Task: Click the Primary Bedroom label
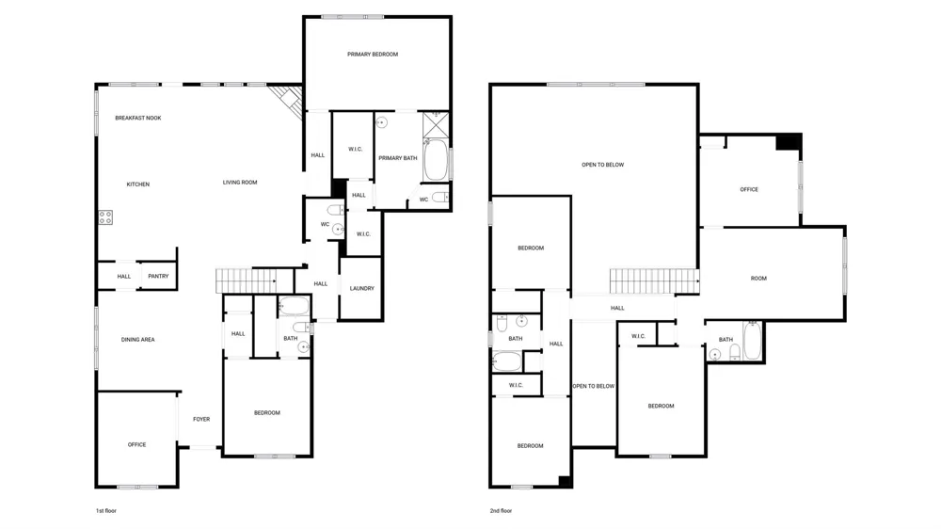[x=372, y=55]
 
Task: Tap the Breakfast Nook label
[x=138, y=119]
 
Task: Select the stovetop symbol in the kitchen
[x=105, y=217]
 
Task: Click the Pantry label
[x=158, y=276]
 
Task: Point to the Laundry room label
[x=362, y=289]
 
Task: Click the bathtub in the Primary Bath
[x=436, y=160]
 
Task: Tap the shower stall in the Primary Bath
[x=436, y=125]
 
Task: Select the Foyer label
[x=201, y=420]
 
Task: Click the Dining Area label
[x=138, y=340]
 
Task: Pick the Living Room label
[x=240, y=183]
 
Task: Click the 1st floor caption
[x=106, y=511]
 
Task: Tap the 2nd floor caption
[x=502, y=511]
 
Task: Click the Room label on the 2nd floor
[x=758, y=279]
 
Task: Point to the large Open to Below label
[x=602, y=165]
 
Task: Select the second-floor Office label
[x=749, y=190]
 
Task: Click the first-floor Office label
[x=136, y=445]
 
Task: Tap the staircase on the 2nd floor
[x=655, y=281]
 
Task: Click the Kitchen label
[x=138, y=184]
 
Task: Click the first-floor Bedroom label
[x=267, y=413]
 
